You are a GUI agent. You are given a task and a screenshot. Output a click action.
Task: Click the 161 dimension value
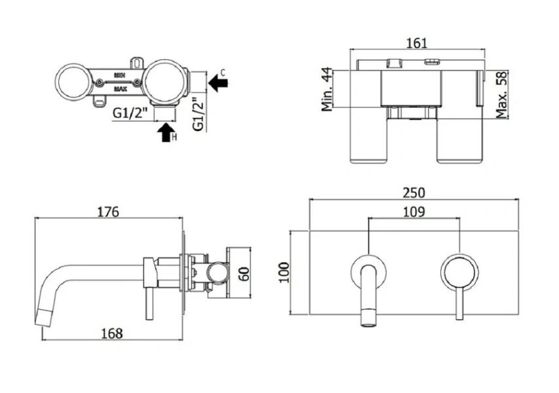coord(417,43)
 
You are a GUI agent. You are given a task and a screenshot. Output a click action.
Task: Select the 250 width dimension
coord(414,193)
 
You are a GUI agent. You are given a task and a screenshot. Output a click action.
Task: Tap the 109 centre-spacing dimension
coord(414,212)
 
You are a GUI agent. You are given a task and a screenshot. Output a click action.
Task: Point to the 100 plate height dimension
coord(284,271)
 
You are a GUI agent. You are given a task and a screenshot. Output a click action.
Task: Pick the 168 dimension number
coord(112,333)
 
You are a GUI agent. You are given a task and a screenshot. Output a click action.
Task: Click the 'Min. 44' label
coord(328,91)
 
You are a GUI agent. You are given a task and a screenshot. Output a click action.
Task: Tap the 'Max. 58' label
coord(502,95)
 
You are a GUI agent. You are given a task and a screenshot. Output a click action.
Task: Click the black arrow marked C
coord(220,83)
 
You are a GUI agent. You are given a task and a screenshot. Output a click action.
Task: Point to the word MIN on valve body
coord(120,76)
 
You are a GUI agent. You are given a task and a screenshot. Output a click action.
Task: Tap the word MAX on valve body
coord(120,88)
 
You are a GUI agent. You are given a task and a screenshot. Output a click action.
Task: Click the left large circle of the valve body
coord(73,82)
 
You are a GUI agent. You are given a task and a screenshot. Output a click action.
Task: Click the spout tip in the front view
coord(368,318)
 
